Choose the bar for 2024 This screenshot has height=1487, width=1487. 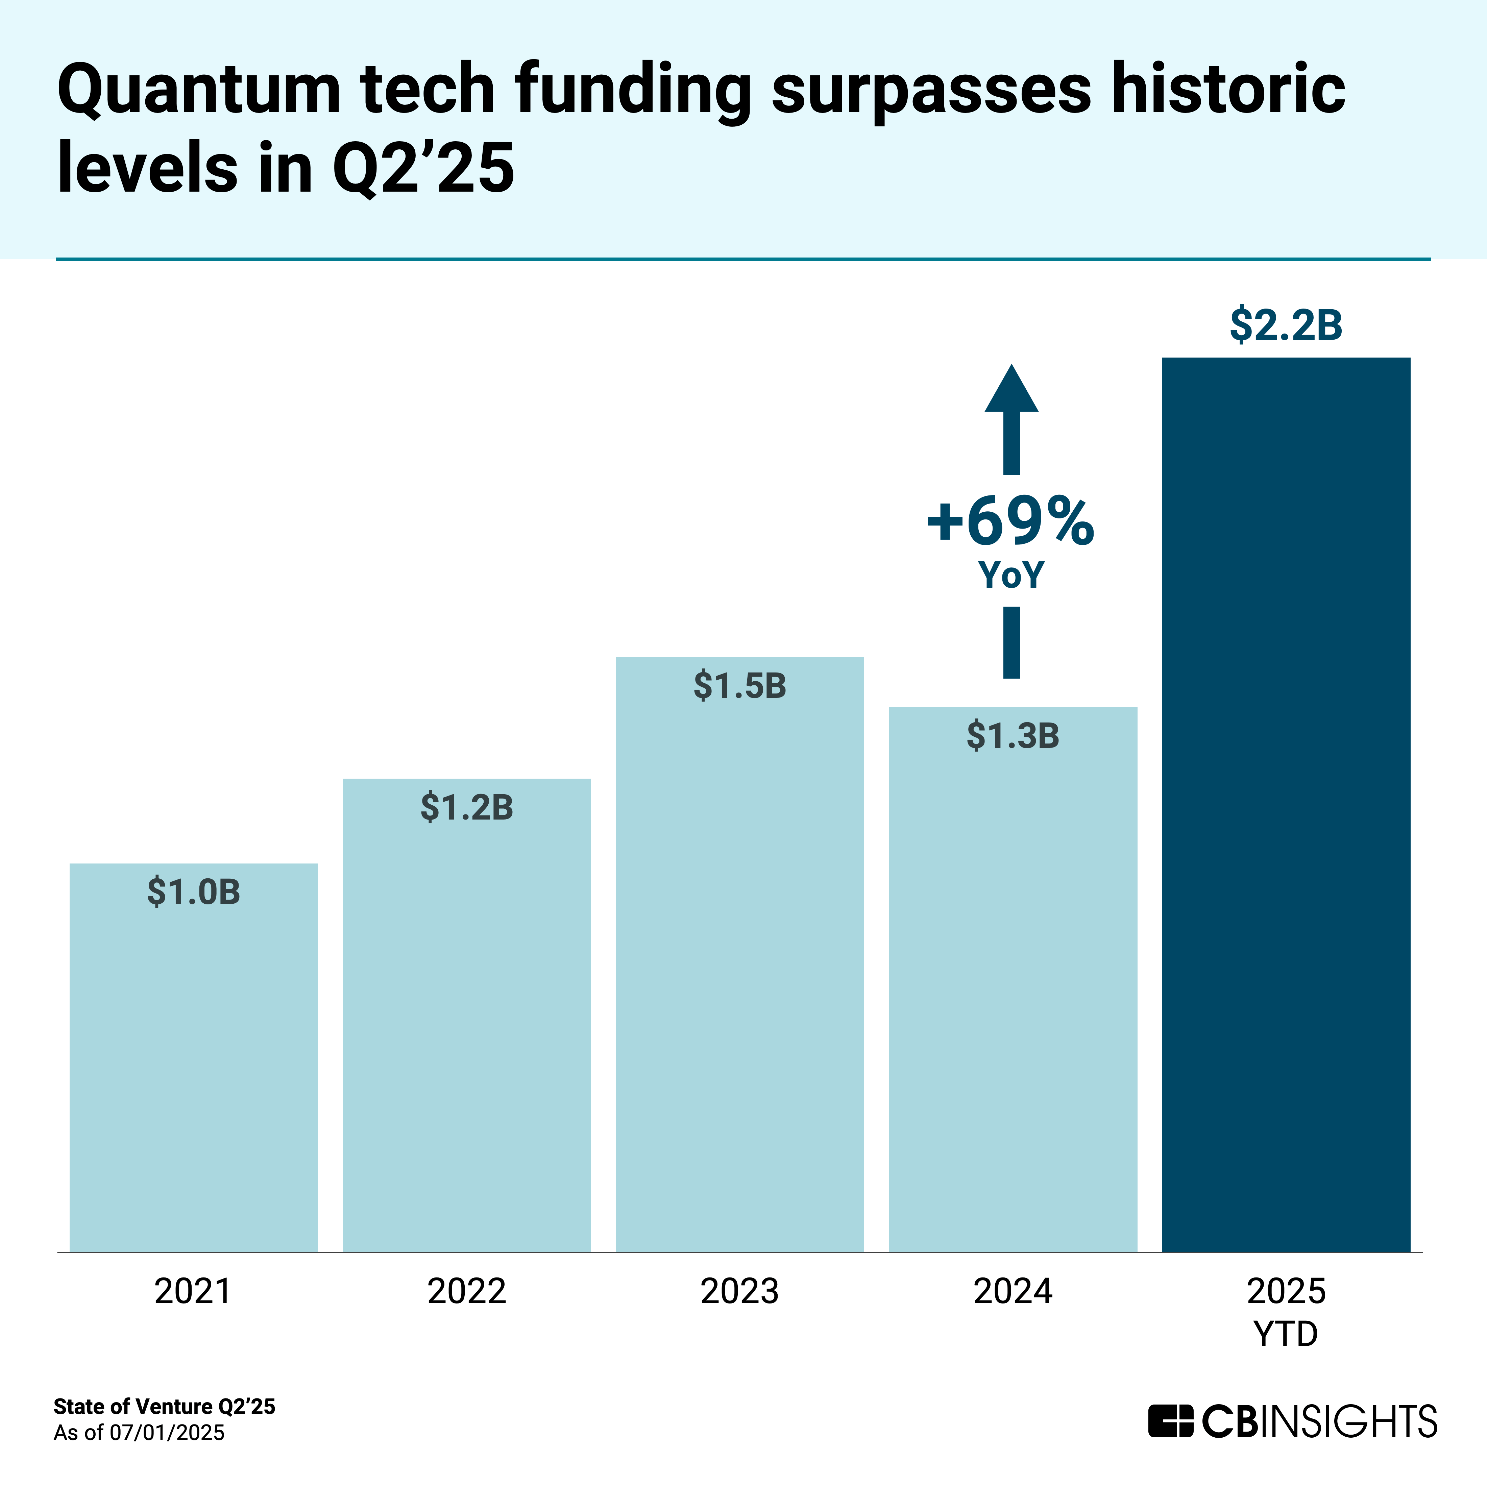coord(1013,985)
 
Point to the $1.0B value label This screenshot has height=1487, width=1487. coord(193,892)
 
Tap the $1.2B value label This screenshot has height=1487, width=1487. coord(466,807)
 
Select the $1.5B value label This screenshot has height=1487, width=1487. coord(740,686)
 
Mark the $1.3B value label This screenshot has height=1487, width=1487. coord(1013,736)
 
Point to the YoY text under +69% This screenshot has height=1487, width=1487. coord(1010,575)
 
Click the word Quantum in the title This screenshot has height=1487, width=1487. coord(199,91)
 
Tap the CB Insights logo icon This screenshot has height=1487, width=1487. coord(1171,1421)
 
